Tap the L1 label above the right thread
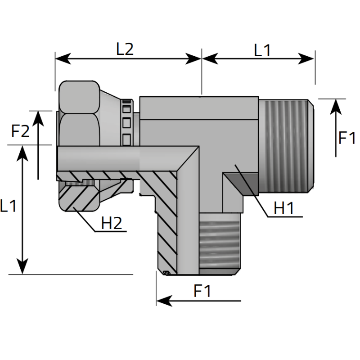262,50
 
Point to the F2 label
20,131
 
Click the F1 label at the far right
347,138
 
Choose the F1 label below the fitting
202,291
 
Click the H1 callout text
284,208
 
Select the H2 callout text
112,223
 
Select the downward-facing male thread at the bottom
218,243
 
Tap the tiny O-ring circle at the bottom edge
166,272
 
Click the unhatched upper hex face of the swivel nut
78,97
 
